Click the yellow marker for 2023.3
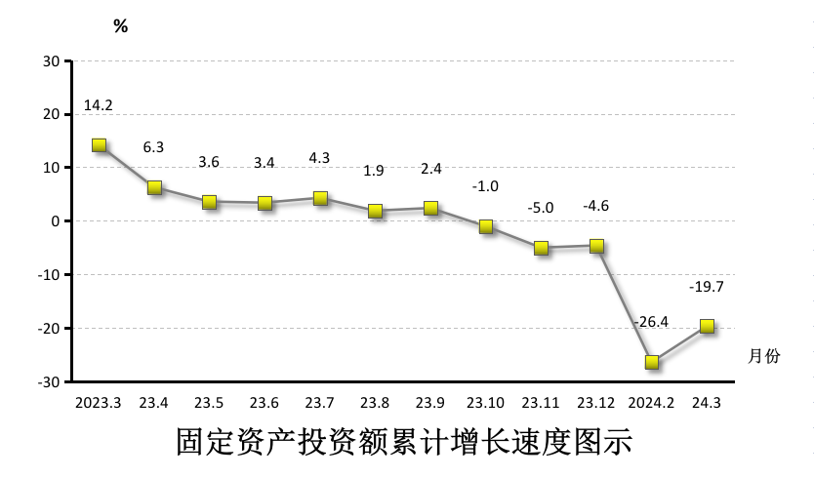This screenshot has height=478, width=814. click(99, 145)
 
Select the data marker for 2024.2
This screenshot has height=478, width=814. click(652, 362)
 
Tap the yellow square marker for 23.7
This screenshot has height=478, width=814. click(320, 198)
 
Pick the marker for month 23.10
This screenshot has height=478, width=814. click(486, 226)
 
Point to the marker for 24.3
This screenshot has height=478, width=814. click(707, 326)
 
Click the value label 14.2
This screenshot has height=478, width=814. click(99, 105)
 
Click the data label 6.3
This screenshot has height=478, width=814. click(153, 147)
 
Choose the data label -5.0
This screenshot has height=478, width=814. click(541, 207)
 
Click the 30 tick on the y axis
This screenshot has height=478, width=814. click(53, 61)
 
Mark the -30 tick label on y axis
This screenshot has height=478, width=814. click(50, 381)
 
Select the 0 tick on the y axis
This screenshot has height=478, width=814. click(57, 221)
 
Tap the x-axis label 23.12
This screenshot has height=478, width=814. click(595, 402)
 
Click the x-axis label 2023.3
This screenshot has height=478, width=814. click(99, 402)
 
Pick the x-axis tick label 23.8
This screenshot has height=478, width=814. click(375, 402)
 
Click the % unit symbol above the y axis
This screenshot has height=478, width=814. click(120, 26)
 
